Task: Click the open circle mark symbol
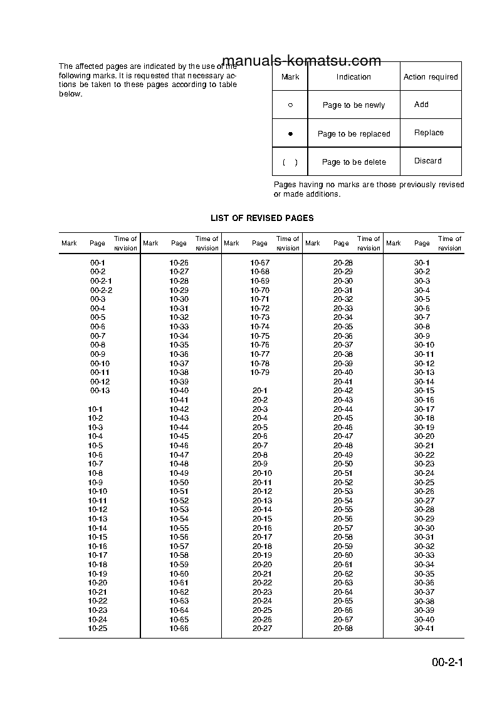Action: click(290, 105)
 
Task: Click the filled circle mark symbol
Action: click(290, 134)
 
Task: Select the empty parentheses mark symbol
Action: click(290, 162)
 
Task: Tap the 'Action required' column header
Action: click(431, 77)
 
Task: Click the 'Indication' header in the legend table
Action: click(353, 77)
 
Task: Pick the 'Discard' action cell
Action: click(428, 161)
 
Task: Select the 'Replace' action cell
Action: click(429, 133)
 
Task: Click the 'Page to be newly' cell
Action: click(353, 105)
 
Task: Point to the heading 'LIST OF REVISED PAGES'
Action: click(262, 218)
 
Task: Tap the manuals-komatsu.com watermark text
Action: click(301, 61)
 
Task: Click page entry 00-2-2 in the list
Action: click(101, 290)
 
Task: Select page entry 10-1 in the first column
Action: click(95, 409)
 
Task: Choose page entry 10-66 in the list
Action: click(179, 628)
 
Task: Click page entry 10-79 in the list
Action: click(260, 372)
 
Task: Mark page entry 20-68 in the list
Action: click(343, 628)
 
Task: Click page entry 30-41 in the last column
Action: click(424, 628)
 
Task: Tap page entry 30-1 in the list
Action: click(422, 263)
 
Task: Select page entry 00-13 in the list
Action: click(100, 391)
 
